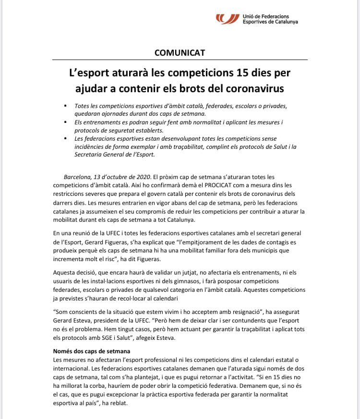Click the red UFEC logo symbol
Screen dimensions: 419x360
[228, 19]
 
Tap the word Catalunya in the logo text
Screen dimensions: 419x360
[284, 22]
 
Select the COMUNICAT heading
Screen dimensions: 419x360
[180, 53]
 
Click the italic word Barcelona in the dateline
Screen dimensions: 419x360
[79, 177]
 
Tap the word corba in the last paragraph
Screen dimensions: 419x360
[106, 385]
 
